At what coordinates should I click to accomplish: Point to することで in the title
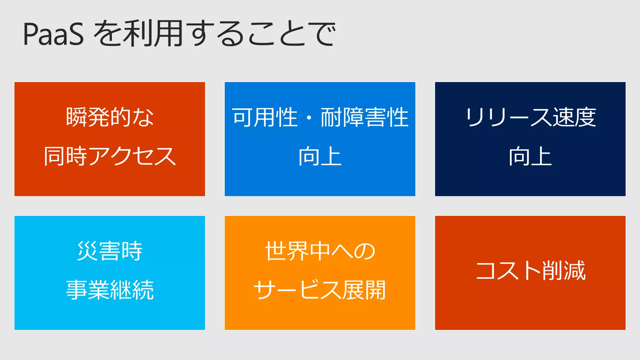[262, 34]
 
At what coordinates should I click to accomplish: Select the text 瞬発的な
[110, 117]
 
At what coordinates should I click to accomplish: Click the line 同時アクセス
[110, 156]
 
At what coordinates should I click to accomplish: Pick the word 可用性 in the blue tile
[265, 117]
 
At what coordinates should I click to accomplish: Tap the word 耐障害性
[365, 117]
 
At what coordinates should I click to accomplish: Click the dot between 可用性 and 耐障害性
[309, 118]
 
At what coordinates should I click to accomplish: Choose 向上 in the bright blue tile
[320, 156]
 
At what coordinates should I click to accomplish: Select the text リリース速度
[530, 117]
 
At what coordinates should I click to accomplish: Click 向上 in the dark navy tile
[530, 156]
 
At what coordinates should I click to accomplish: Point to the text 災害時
[110, 251]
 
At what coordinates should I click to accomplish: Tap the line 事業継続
[110, 290]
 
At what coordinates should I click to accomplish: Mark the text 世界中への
[320, 251]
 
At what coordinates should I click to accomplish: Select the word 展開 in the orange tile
[364, 290]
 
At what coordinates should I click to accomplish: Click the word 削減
[564, 271]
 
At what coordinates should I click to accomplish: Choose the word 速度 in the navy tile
[574, 117]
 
